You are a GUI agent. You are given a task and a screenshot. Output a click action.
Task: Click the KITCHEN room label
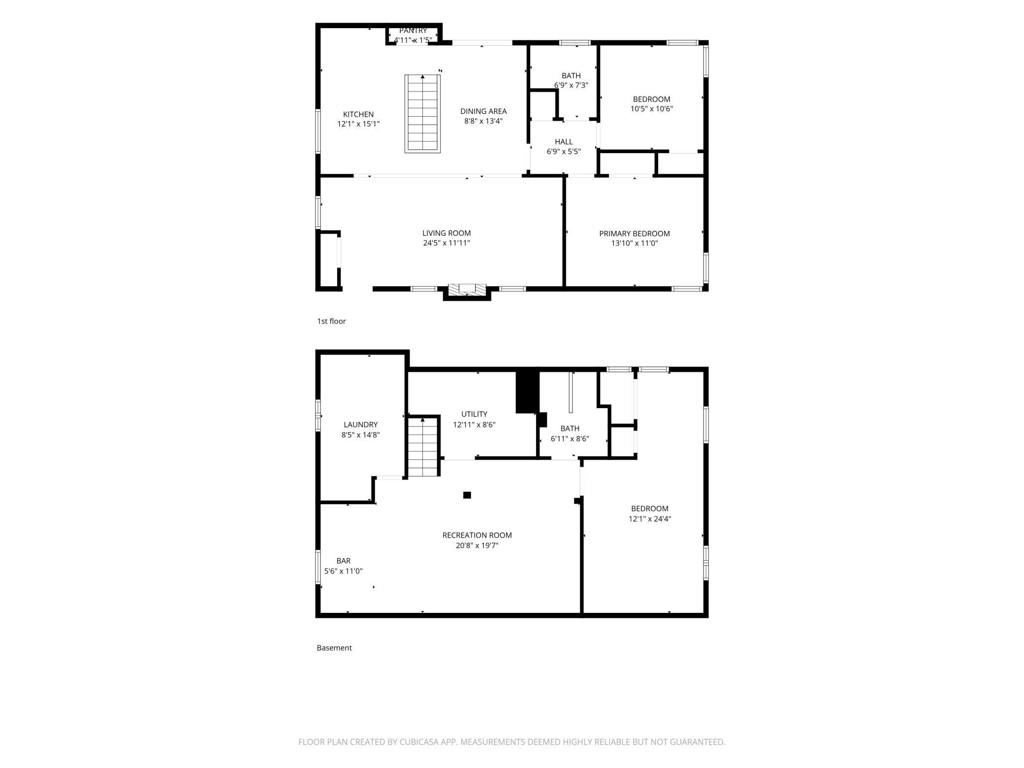[x=358, y=114]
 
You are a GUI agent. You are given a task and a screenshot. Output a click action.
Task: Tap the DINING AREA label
[x=483, y=111]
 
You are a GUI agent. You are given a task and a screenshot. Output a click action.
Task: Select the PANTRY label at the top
[x=413, y=31]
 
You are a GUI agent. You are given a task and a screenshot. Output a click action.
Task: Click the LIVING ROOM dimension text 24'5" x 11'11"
[x=447, y=243]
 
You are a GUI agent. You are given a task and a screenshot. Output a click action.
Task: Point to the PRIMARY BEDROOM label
[x=635, y=233]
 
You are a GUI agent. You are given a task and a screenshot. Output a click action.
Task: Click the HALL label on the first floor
[x=564, y=142]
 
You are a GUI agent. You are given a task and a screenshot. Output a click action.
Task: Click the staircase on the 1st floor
[x=422, y=114]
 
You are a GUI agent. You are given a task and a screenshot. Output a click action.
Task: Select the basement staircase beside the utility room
[x=423, y=447]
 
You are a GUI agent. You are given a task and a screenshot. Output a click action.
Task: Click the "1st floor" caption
[x=331, y=321]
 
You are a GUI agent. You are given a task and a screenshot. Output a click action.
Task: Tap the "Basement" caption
[x=334, y=648]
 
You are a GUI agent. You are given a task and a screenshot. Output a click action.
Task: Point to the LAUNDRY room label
[x=360, y=425]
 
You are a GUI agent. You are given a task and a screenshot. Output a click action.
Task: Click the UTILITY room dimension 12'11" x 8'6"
[x=474, y=424]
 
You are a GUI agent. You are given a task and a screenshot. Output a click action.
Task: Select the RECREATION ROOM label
[x=477, y=535]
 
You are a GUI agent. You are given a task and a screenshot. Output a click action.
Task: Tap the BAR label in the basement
[x=344, y=561]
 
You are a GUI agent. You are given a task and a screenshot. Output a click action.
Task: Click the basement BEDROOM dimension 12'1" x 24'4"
[x=650, y=518]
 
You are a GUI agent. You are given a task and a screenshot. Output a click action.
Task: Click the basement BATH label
[x=570, y=429]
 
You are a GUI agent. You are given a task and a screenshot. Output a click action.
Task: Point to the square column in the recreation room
[x=467, y=495]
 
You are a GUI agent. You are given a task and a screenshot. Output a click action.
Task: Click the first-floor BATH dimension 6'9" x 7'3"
[x=571, y=85]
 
